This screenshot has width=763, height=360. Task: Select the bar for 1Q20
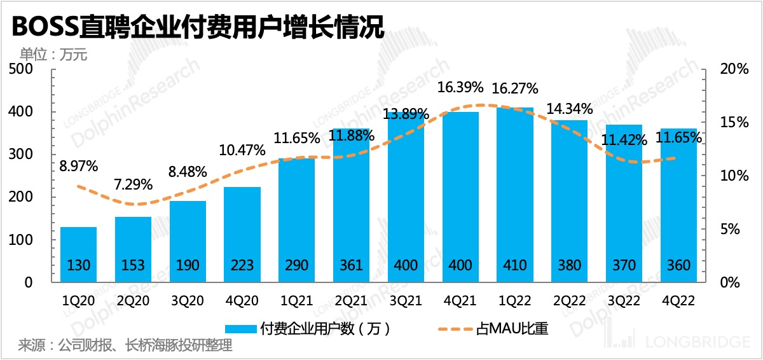click(78, 254)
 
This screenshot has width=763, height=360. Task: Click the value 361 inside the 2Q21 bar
click(352, 265)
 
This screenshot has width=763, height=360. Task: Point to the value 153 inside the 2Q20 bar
click(133, 265)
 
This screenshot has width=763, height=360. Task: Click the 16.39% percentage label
click(461, 87)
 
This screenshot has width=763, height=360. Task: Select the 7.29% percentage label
click(133, 185)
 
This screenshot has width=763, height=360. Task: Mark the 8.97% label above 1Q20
click(78, 167)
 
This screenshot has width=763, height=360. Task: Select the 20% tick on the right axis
click(733, 69)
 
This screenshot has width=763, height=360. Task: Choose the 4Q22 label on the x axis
click(679, 299)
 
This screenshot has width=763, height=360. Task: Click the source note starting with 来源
click(125, 346)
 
